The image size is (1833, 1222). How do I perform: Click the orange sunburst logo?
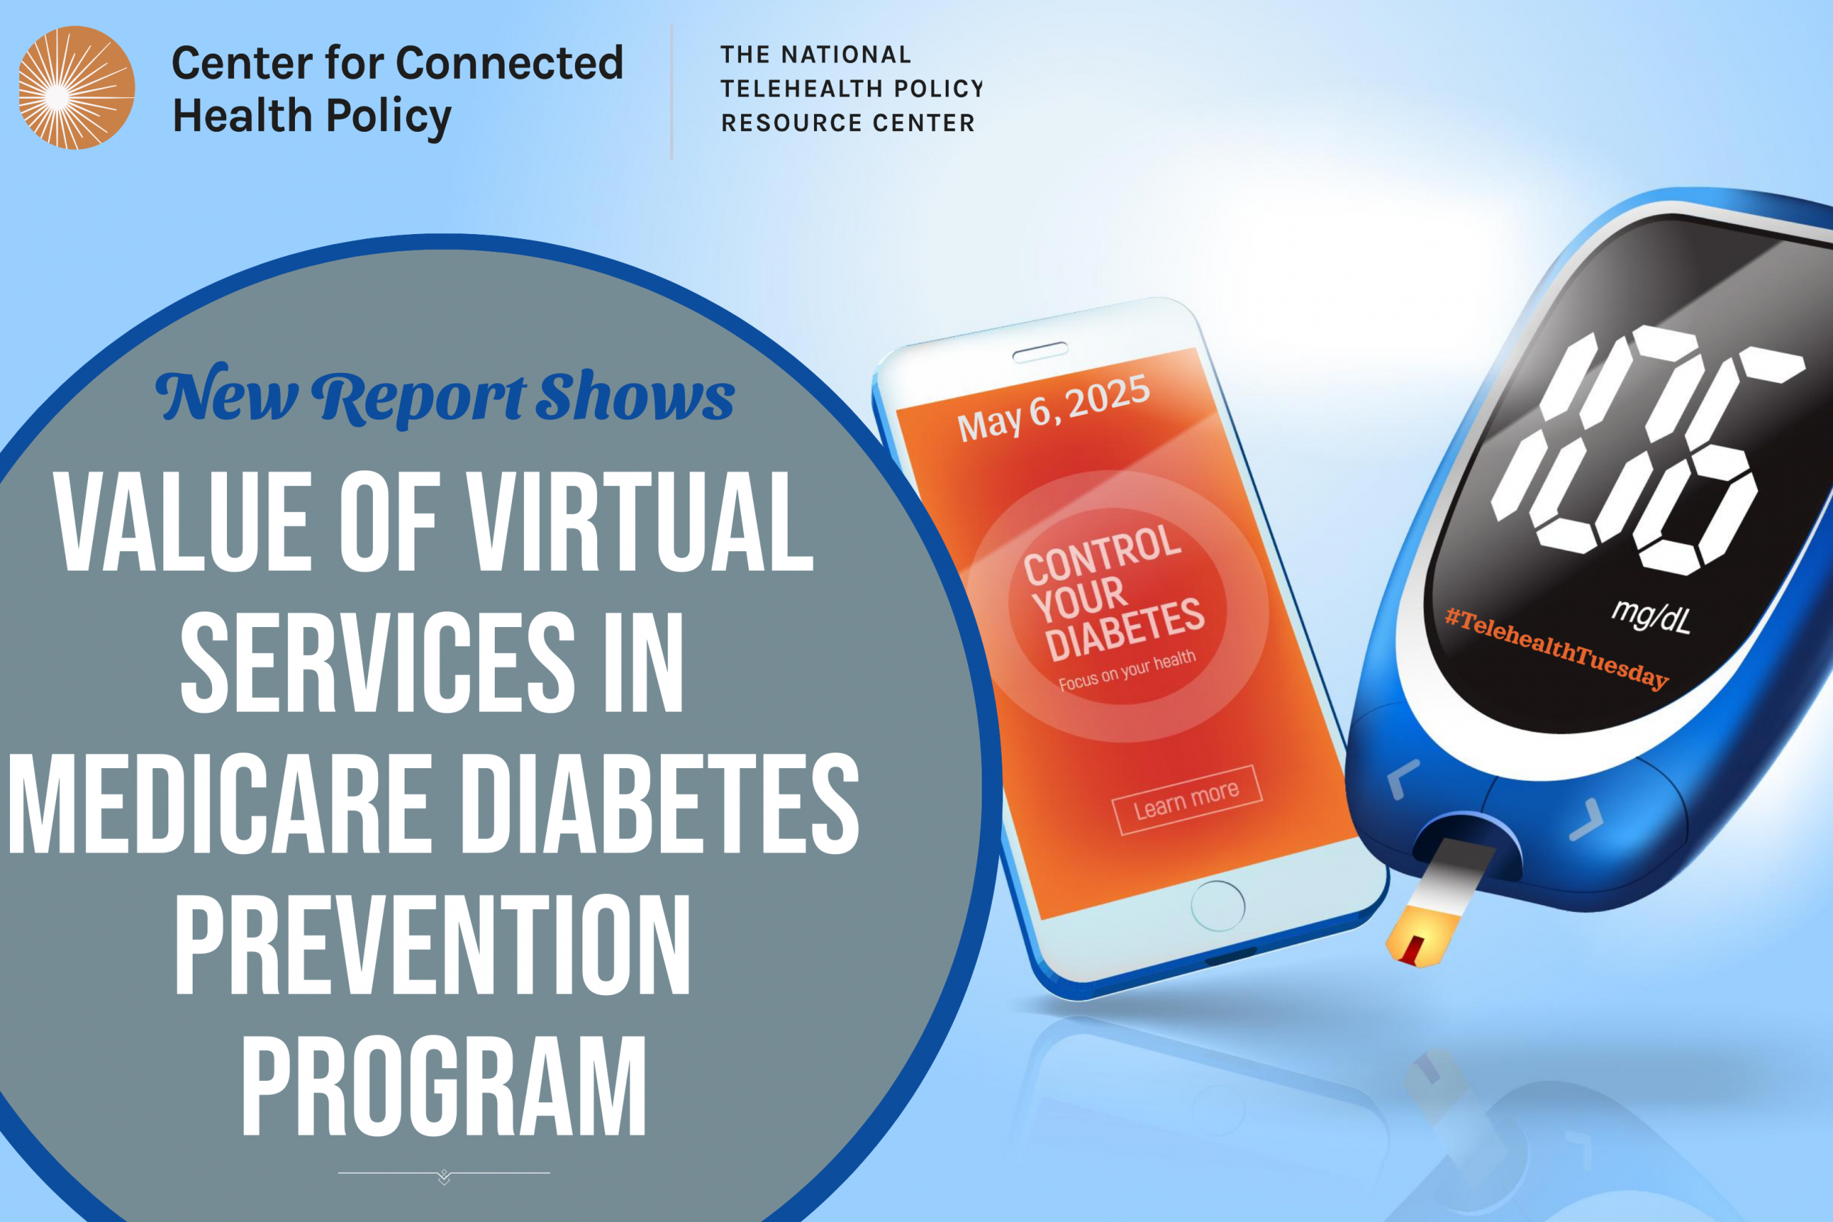(77, 87)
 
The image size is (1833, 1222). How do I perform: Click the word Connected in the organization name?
(510, 62)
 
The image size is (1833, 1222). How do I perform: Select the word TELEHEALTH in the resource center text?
(801, 89)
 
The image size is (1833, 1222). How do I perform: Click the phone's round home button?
(1217, 906)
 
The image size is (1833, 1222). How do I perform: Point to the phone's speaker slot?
(1040, 352)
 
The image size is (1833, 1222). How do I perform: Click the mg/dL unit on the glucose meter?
(1651, 616)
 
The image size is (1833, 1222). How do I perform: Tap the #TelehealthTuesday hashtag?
(1557, 649)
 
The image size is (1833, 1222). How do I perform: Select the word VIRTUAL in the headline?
(641, 521)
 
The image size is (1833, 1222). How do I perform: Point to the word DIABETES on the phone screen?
(1125, 630)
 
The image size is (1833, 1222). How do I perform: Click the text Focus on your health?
(1127, 670)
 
